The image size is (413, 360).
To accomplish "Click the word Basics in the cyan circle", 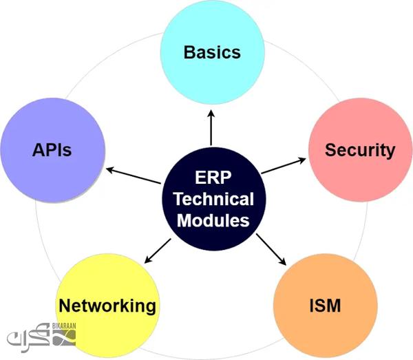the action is [x=212, y=52].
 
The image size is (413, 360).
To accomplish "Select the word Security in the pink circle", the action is [x=360, y=151].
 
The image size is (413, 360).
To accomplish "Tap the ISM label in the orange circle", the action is [x=325, y=306].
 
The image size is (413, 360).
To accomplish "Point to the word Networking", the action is [x=107, y=306].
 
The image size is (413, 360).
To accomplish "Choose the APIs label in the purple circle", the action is [x=52, y=150].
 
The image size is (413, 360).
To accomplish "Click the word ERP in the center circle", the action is [x=213, y=178].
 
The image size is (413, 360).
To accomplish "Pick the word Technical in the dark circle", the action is [x=214, y=199].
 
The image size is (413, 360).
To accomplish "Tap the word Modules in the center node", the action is [x=213, y=220].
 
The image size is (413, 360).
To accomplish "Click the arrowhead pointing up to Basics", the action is [x=211, y=114].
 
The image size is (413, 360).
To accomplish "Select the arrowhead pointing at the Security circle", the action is [x=302, y=160].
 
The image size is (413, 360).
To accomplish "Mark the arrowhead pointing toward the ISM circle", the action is [x=283, y=262].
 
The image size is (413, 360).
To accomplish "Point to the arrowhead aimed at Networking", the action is [x=148, y=260].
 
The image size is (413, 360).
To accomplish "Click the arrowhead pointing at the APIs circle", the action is [x=110, y=170].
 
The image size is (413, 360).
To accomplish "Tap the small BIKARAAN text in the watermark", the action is [x=64, y=326].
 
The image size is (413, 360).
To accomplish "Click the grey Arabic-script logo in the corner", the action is [x=28, y=337].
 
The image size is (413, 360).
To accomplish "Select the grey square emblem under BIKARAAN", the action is [x=64, y=338].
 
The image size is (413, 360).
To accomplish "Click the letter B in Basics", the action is [x=189, y=52].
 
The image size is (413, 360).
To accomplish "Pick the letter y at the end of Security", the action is [x=390, y=152].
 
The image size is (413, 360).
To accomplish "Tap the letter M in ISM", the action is [x=334, y=306].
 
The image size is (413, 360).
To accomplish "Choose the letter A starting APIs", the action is [x=39, y=150].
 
